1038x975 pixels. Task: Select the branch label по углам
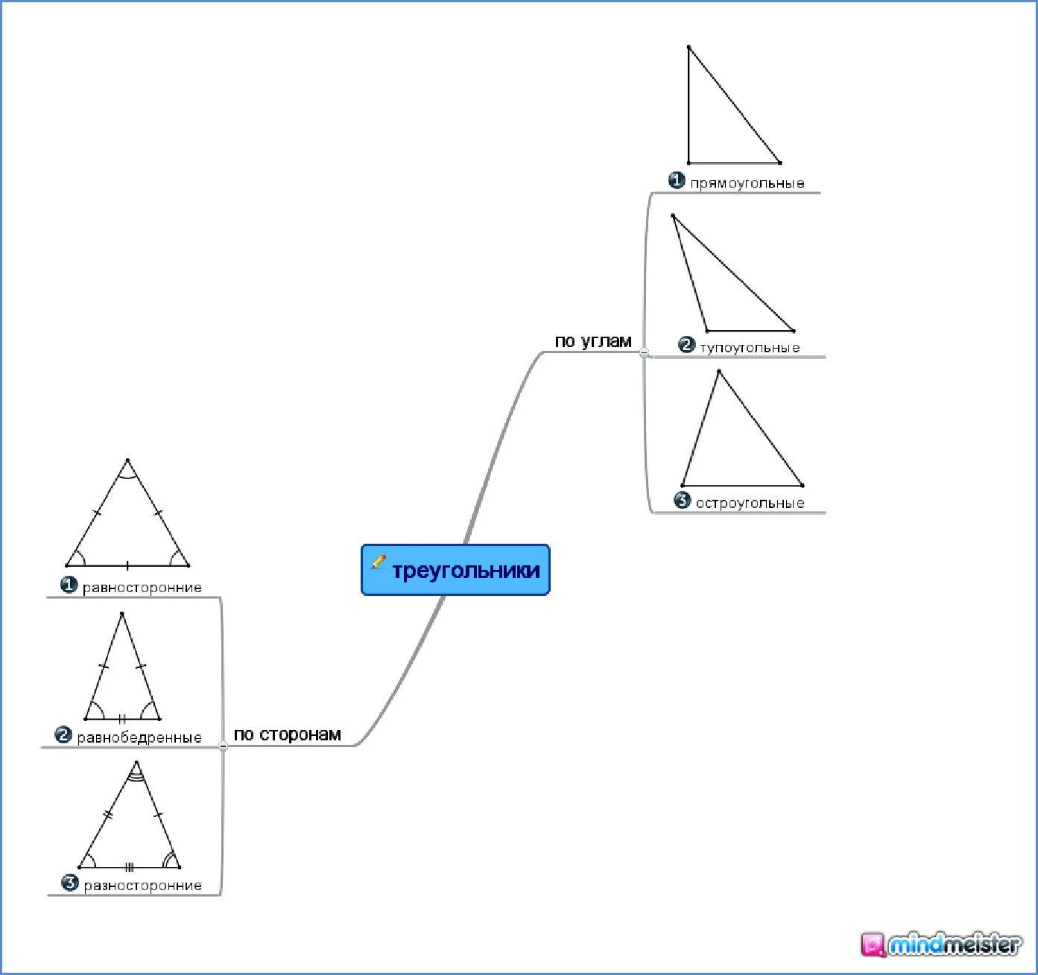click(593, 341)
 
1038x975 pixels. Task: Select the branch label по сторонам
click(287, 734)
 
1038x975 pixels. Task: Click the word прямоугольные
click(747, 183)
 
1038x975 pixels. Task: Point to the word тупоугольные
click(750, 347)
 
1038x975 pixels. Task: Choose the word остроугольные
click(750, 503)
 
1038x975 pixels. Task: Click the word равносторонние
click(142, 588)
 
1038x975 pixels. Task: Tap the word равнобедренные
click(139, 737)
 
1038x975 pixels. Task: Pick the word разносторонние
click(143, 886)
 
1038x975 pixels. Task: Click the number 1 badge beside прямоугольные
click(677, 180)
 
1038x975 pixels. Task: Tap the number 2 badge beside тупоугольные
click(686, 345)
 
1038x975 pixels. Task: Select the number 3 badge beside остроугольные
click(682, 501)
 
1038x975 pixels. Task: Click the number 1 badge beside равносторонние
click(69, 585)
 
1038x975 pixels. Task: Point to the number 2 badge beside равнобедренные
click(63, 735)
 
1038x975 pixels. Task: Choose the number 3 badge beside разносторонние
click(69, 883)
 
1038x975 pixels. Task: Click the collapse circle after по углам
click(644, 353)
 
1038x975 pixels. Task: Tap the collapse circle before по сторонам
click(222, 746)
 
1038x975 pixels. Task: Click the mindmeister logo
click(942, 944)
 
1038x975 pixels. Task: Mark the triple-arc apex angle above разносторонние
click(136, 772)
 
